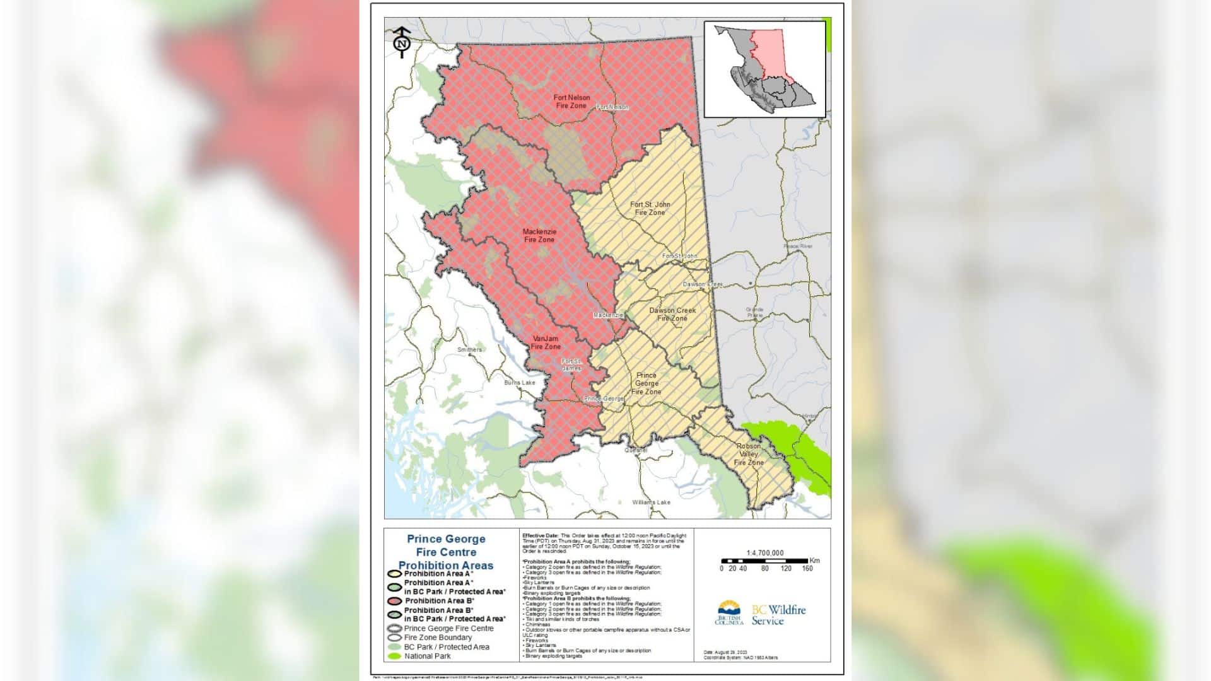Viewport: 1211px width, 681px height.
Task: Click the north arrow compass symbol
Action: pos(402,43)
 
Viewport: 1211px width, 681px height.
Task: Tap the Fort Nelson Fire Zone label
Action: pos(571,102)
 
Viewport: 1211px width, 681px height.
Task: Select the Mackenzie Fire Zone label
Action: pos(539,236)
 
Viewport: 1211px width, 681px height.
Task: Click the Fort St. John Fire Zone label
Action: pos(650,209)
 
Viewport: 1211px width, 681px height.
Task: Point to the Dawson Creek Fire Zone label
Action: pos(672,314)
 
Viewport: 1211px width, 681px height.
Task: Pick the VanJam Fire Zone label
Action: pos(546,342)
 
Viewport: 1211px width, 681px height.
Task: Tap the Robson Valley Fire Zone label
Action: pos(749,454)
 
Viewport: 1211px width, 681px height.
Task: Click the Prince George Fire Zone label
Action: pos(646,383)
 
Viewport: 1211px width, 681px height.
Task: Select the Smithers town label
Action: pos(469,349)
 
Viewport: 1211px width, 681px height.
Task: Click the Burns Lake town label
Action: pos(519,383)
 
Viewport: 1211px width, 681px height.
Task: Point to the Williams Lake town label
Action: pos(652,503)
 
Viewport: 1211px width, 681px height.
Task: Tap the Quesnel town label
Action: pos(636,450)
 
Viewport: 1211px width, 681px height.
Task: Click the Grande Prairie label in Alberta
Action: pos(754,312)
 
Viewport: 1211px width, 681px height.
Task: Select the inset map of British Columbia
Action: pos(764,69)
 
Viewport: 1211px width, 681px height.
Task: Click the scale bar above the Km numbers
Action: pos(764,561)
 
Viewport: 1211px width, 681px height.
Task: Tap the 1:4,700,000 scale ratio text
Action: pos(764,553)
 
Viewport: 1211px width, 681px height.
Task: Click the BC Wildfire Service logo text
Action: pos(778,615)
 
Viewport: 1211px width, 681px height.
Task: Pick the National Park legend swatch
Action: pos(394,656)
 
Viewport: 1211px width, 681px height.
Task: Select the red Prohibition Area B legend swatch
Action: pos(394,601)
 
